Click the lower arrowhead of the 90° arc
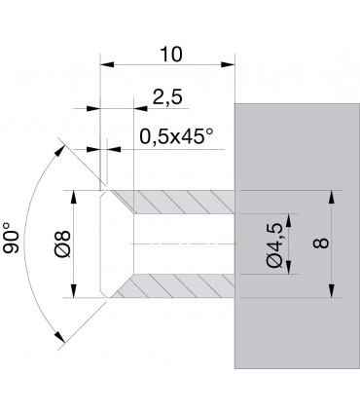click(61, 338)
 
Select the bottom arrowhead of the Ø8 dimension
click(74, 291)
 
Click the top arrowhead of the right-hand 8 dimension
click(332, 194)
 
